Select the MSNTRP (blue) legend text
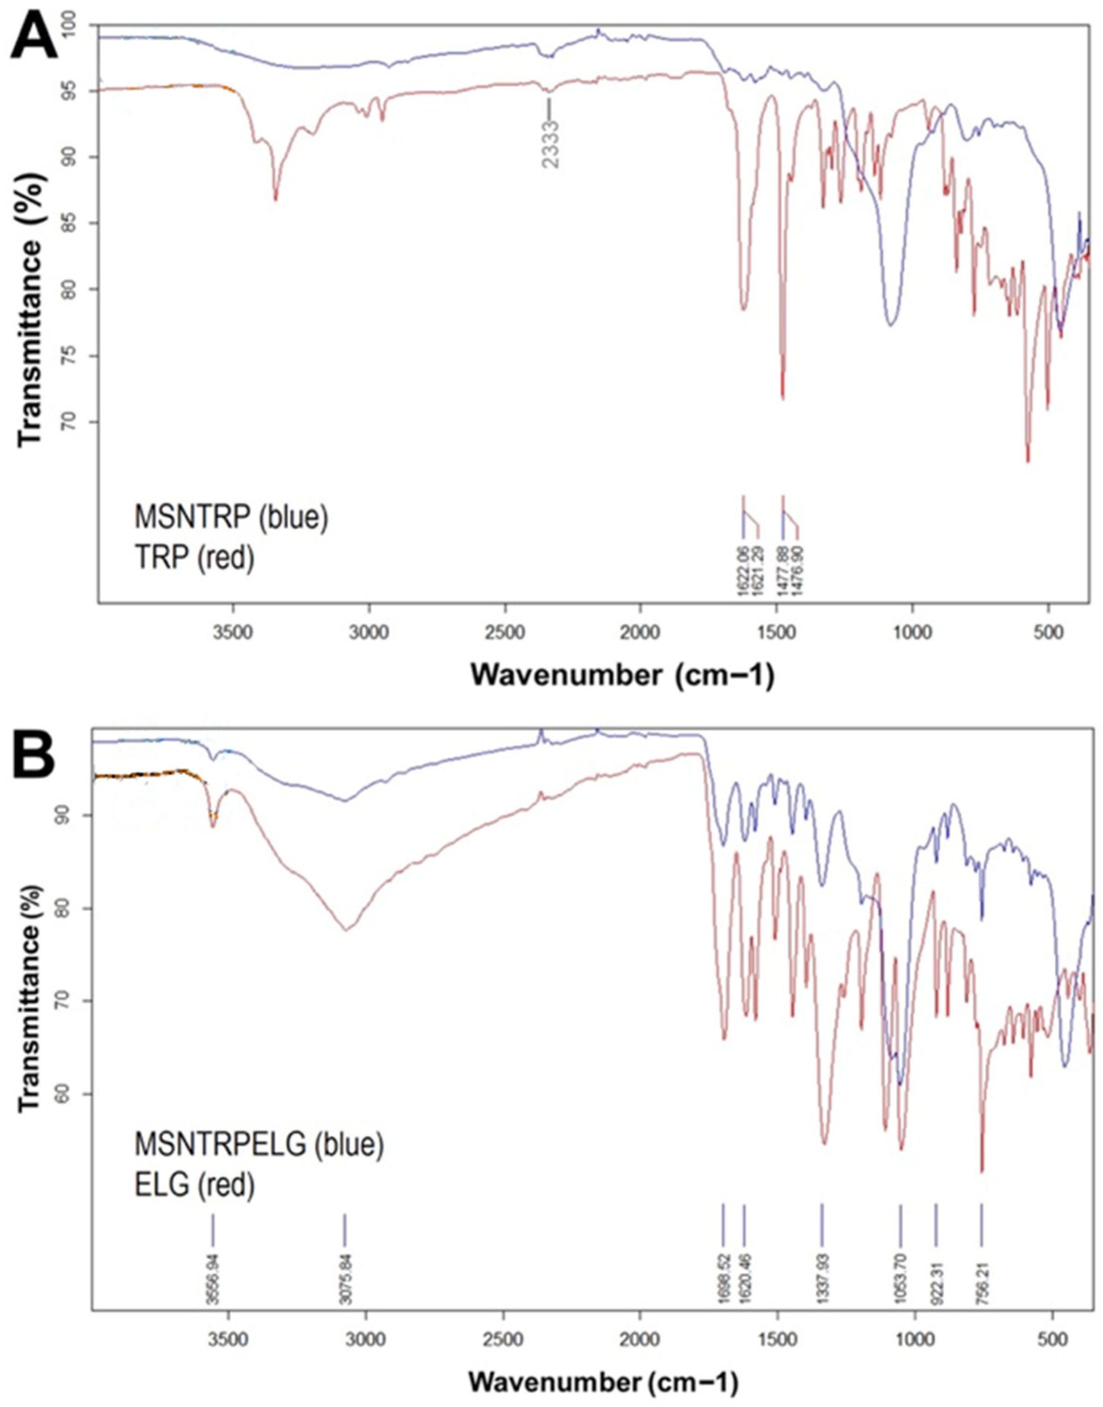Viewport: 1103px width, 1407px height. (x=231, y=518)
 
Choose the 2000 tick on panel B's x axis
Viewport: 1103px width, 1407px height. (x=640, y=1333)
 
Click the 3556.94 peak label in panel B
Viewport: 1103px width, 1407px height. (x=212, y=1270)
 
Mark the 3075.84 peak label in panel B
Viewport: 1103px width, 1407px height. (x=345, y=1270)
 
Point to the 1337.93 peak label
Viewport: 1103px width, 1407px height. (x=822, y=1270)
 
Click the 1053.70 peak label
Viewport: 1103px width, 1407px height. (x=901, y=1270)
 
